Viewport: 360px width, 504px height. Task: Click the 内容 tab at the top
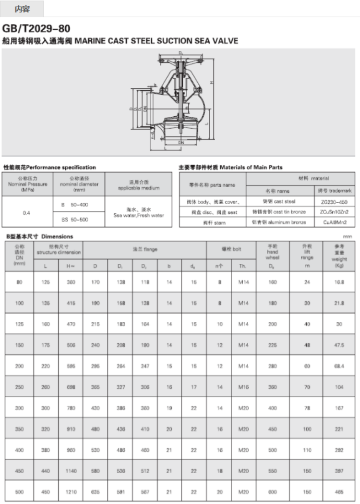(22, 9)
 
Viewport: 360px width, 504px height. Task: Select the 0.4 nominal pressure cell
(28, 212)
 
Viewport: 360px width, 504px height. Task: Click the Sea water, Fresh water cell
(138, 212)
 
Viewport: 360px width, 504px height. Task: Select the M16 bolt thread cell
(243, 387)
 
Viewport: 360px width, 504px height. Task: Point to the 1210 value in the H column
(71, 492)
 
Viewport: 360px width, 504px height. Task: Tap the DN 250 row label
(19, 387)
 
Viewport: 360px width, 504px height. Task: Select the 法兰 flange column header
(145, 250)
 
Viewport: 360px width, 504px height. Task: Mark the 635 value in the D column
(95, 492)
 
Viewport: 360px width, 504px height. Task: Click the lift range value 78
(307, 408)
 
